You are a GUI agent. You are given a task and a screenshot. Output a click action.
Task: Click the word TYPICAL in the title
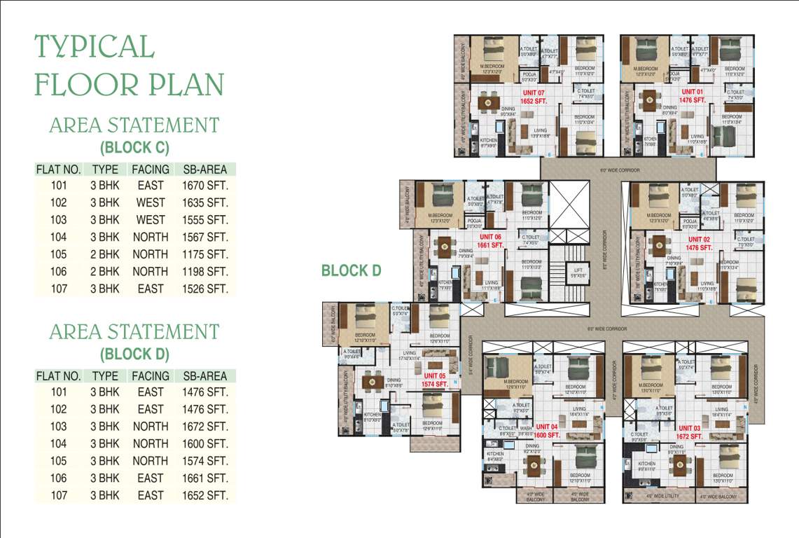[95, 47]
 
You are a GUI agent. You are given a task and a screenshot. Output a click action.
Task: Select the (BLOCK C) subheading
[134, 148]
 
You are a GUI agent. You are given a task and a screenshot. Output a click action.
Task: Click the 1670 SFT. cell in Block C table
[204, 186]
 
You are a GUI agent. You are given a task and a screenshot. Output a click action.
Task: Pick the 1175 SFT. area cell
[204, 254]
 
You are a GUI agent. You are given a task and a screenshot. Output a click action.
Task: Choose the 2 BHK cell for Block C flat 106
[105, 271]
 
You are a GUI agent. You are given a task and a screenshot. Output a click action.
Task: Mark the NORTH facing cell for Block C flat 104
[151, 237]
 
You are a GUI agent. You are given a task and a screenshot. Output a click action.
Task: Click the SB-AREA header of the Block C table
[204, 170]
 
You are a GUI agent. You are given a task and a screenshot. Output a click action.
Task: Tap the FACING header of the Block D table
[151, 376]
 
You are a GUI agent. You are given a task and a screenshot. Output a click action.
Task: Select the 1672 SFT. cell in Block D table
[204, 427]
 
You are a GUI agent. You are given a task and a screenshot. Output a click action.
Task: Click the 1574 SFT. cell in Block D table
[204, 461]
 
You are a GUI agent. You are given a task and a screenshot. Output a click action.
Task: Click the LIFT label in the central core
[578, 270]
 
